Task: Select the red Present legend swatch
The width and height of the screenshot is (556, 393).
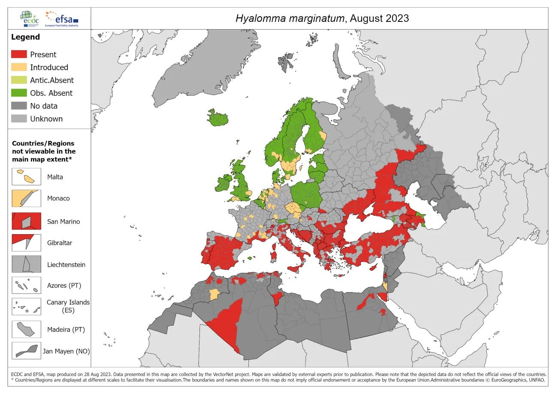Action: (19, 54)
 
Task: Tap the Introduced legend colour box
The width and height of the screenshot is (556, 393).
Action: (19, 67)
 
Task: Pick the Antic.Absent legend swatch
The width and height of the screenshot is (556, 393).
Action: (19, 80)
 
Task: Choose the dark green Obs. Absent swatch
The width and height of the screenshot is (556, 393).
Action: (19, 93)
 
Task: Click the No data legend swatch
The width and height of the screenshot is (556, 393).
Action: (19, 106)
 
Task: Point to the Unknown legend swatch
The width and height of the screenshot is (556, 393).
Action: (19, 119)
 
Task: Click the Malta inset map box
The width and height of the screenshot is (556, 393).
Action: (26, 177)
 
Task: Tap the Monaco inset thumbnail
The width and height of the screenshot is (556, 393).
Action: (26, 199)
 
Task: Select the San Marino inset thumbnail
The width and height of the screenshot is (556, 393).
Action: (26, 221)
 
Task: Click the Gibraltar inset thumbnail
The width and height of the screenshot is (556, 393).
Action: (26, 242)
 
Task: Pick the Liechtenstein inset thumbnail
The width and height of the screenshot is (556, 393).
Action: (26, 264)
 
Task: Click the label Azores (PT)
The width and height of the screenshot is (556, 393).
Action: (64, 285)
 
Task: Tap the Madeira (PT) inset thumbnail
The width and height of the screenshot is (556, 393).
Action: (26, 330)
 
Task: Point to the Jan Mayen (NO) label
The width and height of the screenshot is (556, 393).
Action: (66, 351)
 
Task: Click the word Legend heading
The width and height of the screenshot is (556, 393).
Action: (25, 37)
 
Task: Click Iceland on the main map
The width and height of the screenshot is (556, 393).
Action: (218, 118)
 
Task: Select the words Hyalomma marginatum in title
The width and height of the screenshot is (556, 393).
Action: (290, 18)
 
